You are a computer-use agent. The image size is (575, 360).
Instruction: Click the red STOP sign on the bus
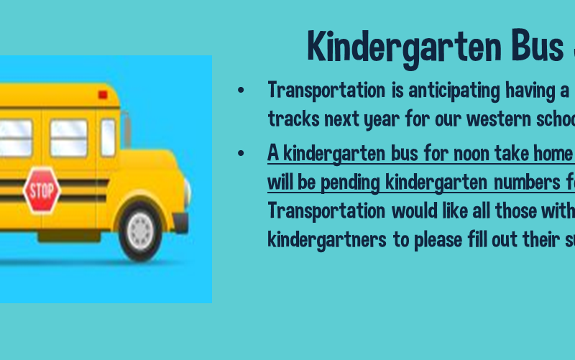[x=42, y=190]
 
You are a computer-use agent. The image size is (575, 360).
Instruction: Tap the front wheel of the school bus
[x=140, y=231]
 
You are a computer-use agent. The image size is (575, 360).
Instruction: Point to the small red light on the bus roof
[x=103, y=95]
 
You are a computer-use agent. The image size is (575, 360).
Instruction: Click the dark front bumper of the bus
[x=180, y=222]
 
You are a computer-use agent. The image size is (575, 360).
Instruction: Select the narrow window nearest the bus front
[x=109, y=138]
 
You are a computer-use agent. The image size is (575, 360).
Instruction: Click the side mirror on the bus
[x=126, y=129]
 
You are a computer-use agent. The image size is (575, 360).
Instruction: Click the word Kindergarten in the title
[x=405, y=47]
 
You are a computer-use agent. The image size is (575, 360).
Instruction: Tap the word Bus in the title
[x=538, y=46]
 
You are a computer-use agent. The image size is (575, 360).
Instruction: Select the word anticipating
[x=454, y=91]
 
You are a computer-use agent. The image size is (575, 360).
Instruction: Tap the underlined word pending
[x=350, y=183]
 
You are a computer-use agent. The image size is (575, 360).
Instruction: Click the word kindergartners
[x=327, y=241]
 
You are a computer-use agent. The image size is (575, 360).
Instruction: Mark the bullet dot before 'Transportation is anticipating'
[x=241, y=91]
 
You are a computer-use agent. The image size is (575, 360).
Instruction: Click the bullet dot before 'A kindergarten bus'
[x=241, y=153]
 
